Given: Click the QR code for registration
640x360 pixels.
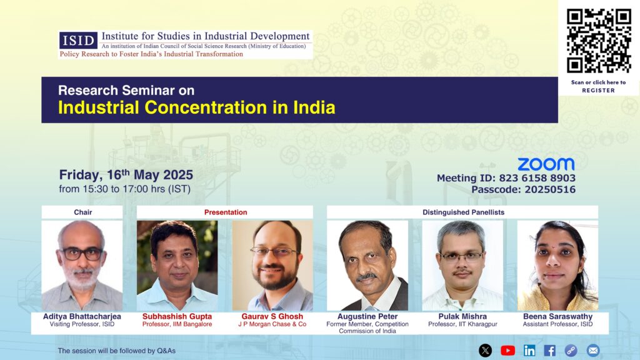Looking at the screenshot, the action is pos(598,41).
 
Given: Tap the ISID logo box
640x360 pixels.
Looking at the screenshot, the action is pos(78,41).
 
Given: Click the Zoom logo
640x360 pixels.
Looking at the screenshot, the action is pos(546,164).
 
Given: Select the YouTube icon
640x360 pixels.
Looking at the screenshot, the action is pos(507,350).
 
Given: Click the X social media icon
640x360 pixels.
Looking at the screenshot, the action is pos(485,350).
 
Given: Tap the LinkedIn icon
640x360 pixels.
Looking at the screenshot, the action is pos(529,350).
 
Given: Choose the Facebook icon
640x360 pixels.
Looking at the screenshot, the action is pos(549,350).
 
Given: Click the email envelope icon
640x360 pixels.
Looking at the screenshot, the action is pos(593,350).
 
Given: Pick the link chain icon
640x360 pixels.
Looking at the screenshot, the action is pos(571,350).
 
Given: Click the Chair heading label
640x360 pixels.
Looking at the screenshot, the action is pos(83,212).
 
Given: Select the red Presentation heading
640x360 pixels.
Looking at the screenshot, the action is pos(226,212).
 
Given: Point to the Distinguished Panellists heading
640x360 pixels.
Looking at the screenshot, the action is pos(463,212).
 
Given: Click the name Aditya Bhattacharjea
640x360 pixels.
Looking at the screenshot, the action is pos(82,316).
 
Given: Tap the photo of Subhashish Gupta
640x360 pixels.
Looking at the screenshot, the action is pos(177,266).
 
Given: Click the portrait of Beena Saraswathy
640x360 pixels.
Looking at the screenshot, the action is pos(557,266).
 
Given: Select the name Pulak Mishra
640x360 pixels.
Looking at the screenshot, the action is pos(462,316).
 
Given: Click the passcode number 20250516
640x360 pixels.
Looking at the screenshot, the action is pos(550,189).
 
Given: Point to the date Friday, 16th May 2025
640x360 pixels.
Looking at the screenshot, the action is pos(126,175).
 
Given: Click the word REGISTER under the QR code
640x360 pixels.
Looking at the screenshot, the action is pos(598,91).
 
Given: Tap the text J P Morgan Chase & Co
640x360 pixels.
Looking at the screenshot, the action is pos(272,324).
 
